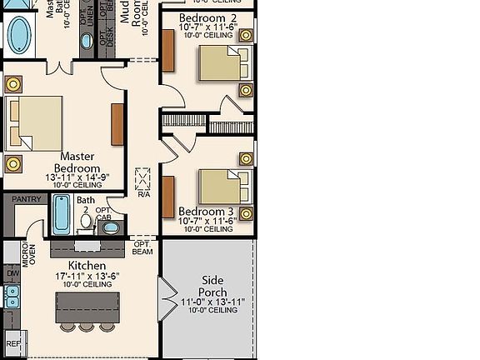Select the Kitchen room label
pyautogui.click(x=81, y=264)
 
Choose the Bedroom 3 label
pyautogui.click(x=207, y=211)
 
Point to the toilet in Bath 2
pyautogui.click(x=85, y=221)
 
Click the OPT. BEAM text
pyautogui.click(x=142, y=247)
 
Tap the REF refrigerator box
pyautogui.click(x=13, y=342)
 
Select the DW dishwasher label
pyautogui.click(x=12, y=272)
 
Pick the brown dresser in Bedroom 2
pyautogui.click(x=168, y=52)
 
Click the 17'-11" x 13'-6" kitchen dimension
pyautogui.click(x=87, y=276)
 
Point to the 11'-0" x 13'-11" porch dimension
pyautogui.click(x=212, y=302)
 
